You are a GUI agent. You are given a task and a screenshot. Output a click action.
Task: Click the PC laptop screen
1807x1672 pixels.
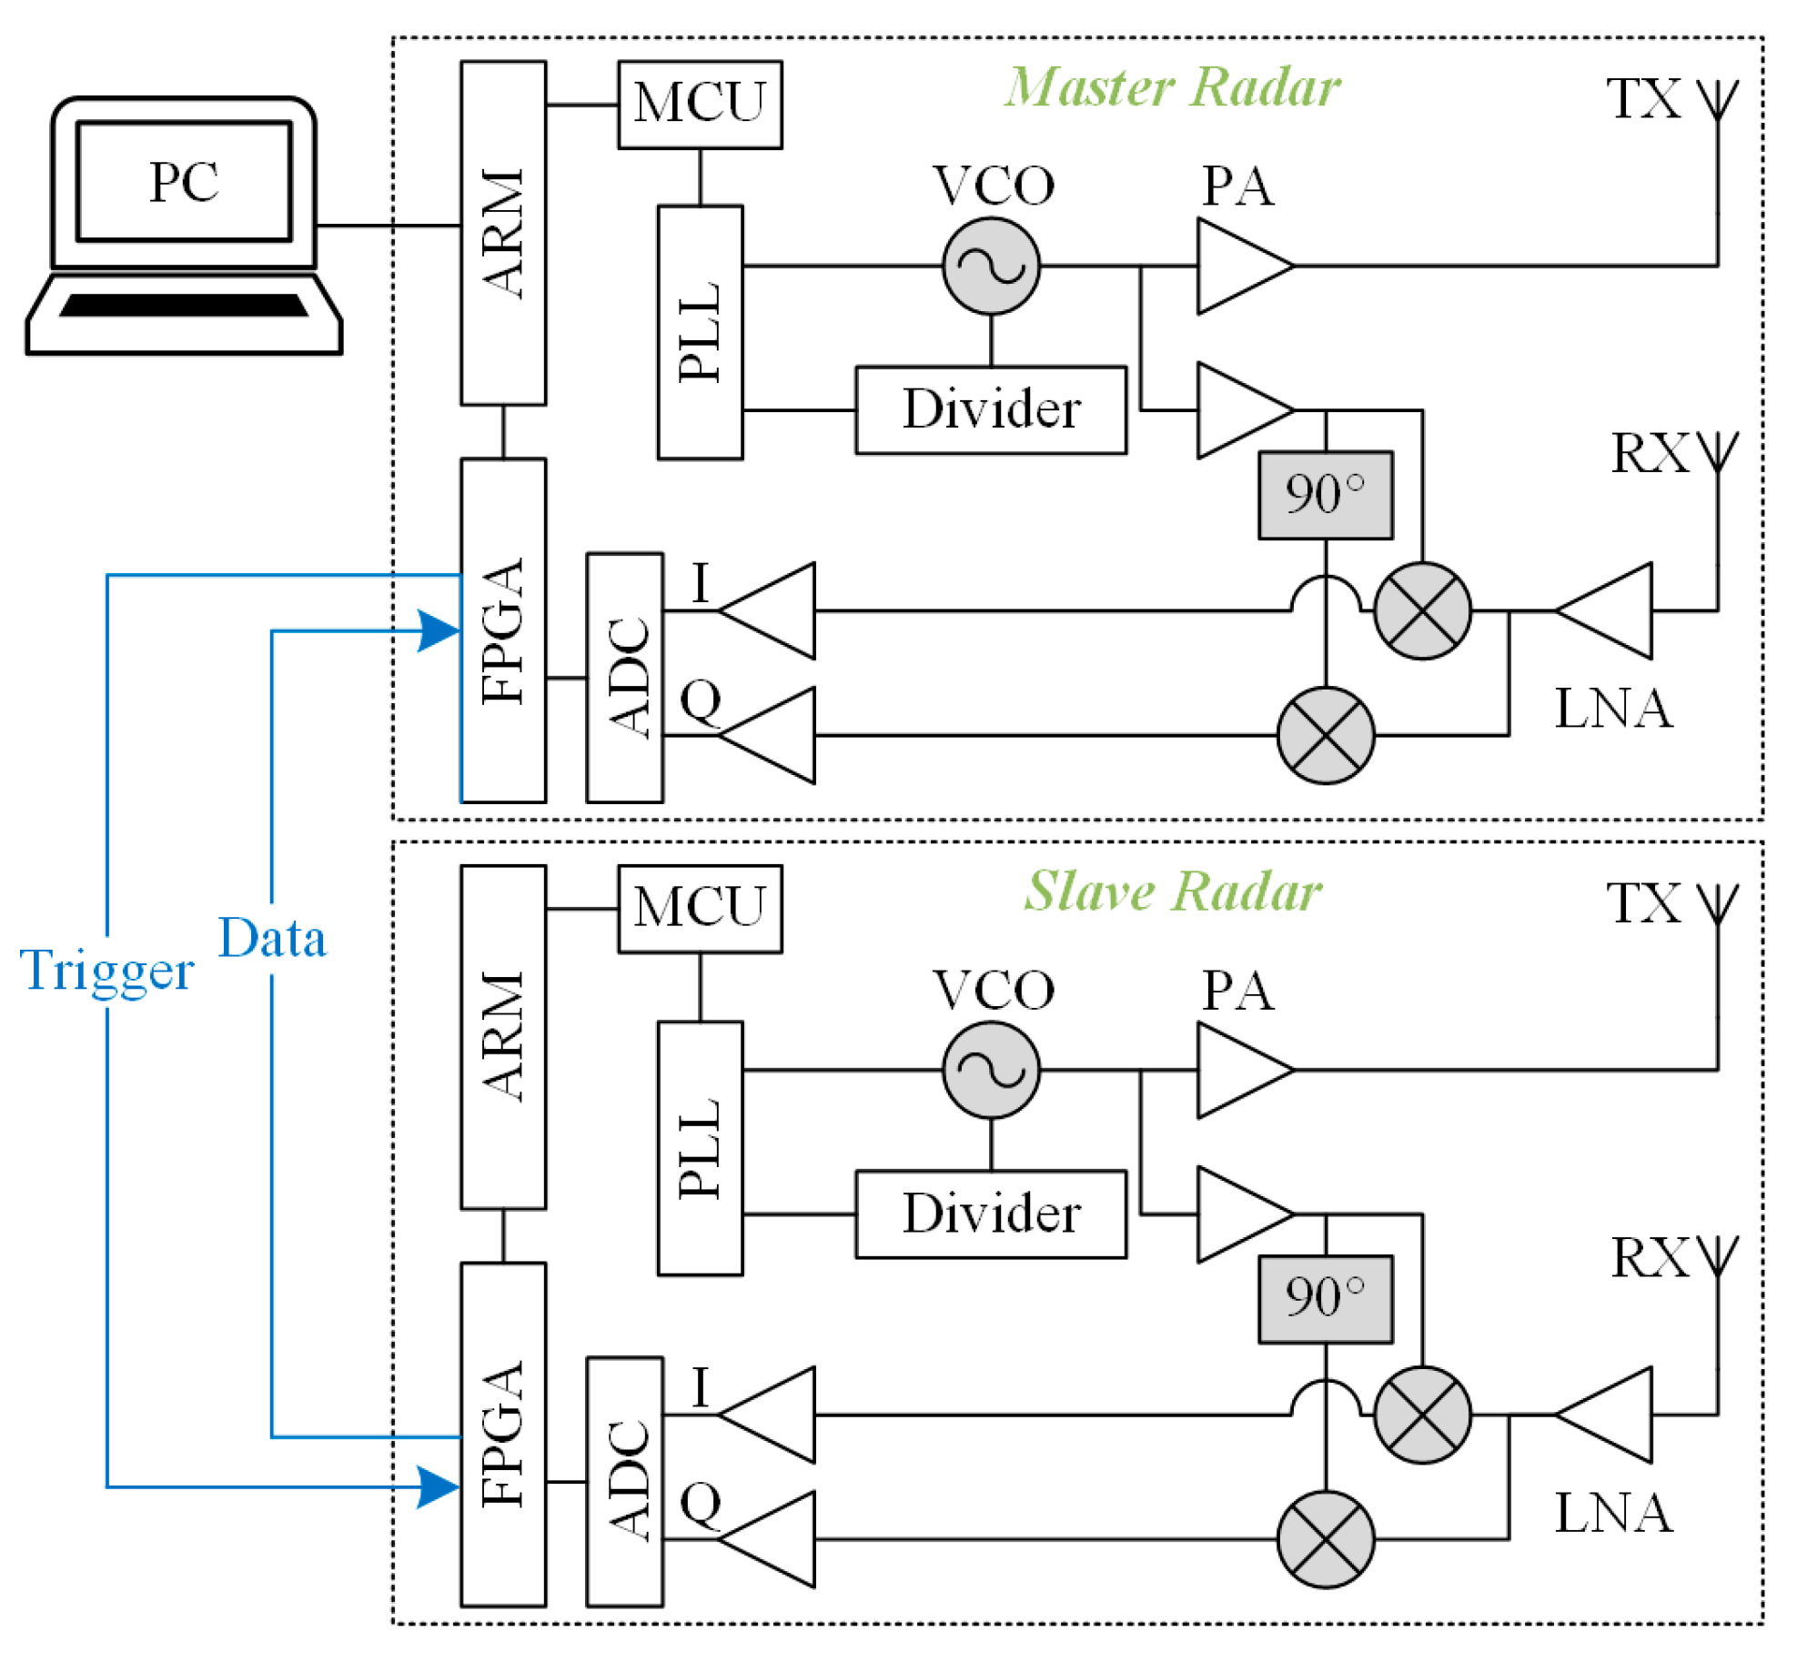(184, 181)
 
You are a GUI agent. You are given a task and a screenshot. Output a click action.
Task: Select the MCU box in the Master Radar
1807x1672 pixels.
(700, 105)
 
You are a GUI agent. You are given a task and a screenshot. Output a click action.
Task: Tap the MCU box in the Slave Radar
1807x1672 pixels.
(700, 909)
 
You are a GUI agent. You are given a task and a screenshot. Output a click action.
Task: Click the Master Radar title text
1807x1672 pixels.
(1172, 88)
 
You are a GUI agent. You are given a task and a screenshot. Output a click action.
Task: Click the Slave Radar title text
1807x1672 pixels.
(1172, 891)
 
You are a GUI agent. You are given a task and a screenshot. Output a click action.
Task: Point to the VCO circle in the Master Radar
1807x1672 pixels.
(991, 267)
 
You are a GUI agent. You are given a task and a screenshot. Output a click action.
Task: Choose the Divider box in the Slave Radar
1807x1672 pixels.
(991, 1214)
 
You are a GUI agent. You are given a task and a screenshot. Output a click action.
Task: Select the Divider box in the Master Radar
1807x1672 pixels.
(991, 410)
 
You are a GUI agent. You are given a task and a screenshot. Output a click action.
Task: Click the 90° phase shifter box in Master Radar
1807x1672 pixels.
(1325, 496)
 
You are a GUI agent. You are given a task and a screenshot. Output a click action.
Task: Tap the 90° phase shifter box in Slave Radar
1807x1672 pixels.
(1325, 1299)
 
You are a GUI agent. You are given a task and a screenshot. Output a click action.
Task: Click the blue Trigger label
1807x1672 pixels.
(106, 971)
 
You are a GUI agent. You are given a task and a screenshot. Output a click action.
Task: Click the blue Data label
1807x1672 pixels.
(272, 939)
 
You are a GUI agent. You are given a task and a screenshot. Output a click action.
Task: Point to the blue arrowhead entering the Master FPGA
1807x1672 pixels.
(439, 630)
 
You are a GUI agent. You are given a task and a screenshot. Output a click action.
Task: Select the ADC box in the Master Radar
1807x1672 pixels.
(624, 678)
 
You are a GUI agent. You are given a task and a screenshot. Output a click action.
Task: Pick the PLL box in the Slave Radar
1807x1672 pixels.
(700, 1148)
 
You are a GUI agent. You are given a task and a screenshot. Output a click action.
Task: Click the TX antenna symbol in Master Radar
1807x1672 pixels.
(1717, 100)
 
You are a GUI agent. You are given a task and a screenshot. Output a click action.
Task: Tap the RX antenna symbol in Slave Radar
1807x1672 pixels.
(1717, 1256)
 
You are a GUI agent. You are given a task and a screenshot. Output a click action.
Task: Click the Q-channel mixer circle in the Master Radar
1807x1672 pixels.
(1325, 735)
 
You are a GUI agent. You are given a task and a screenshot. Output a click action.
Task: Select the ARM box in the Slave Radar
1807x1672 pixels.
(503, 1037)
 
